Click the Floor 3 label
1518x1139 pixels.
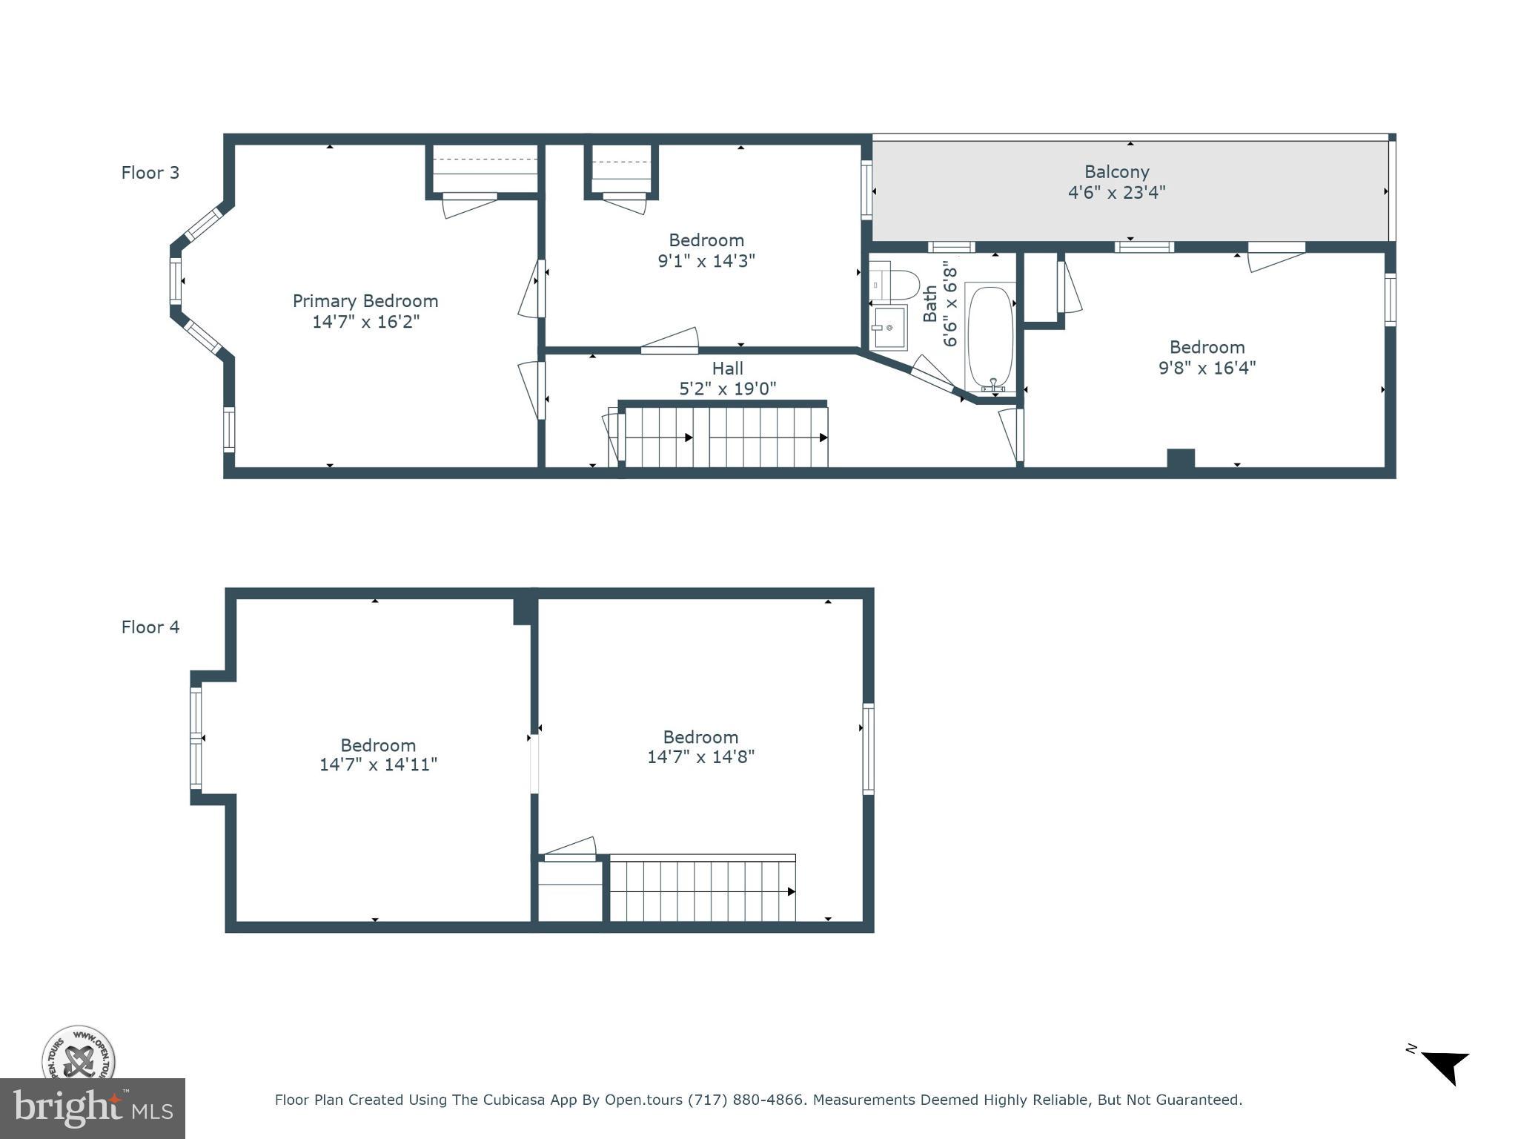150,173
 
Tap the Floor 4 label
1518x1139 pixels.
150,627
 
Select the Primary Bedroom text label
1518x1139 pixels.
365,301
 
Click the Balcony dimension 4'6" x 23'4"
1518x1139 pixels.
1116,193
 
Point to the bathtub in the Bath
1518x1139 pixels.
990,337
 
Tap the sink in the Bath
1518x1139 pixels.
889,327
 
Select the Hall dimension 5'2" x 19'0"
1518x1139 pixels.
727,389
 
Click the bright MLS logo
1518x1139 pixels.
92,1109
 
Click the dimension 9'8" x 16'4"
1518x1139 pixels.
1207,368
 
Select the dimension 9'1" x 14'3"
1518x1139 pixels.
706,261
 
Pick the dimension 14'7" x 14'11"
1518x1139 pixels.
378,765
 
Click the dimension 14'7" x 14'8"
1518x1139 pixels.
700,757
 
